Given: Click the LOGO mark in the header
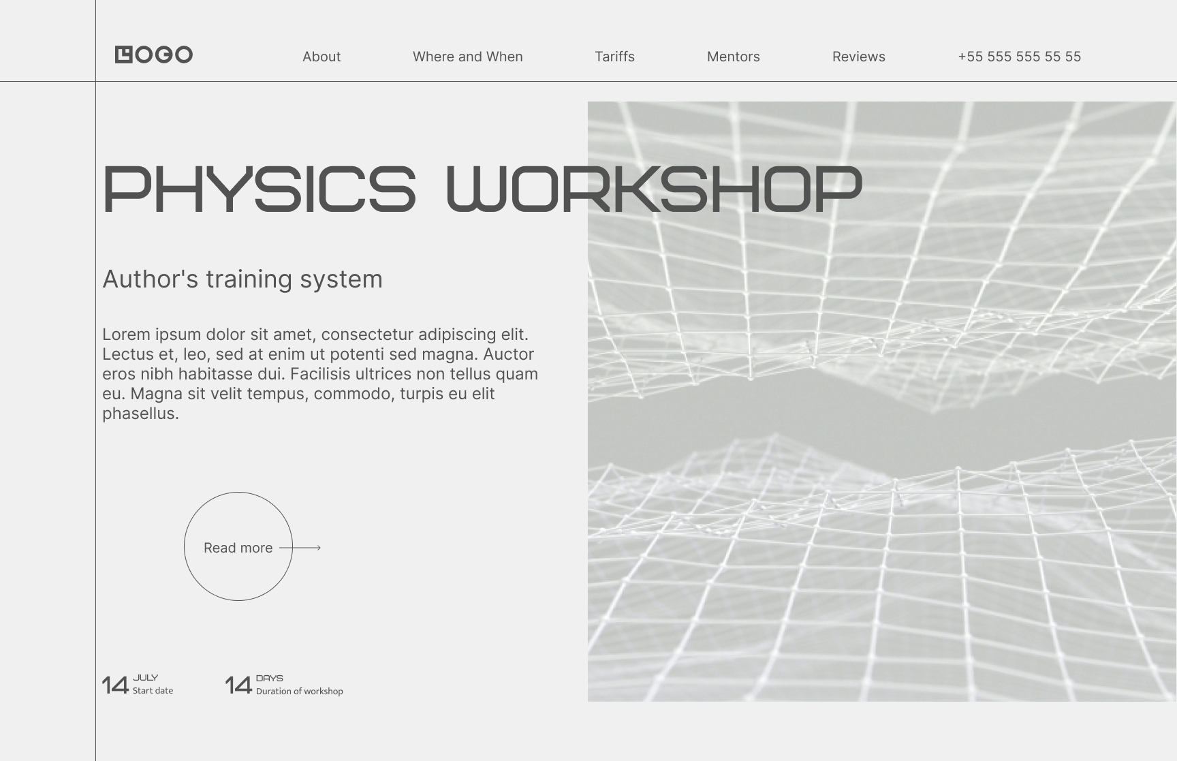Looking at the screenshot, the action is (154, 55).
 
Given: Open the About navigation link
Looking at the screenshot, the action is (321, 57).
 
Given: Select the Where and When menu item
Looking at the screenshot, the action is (468, 57).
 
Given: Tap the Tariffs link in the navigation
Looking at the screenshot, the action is (614, 57).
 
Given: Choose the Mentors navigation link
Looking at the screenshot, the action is (734, 57).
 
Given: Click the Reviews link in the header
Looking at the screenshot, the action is (859, 57).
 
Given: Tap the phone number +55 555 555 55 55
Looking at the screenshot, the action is (1020, 57).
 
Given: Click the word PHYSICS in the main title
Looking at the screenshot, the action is (259, 189).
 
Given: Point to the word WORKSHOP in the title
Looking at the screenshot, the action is (655, 189).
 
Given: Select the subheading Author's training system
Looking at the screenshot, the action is (242, 279).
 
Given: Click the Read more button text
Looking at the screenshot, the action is (238, 548).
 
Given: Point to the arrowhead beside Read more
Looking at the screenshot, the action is (319, 547).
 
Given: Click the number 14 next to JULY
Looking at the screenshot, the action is (115, 685).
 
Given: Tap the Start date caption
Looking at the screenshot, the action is (153, 691).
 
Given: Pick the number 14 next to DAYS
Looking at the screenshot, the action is (238, 685).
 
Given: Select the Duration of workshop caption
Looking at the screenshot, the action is (300, 692).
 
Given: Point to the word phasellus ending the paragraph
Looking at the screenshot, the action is (140, 414).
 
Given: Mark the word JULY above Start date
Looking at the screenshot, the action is (146, 678).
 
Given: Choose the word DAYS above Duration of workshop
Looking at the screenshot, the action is (270, 679).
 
